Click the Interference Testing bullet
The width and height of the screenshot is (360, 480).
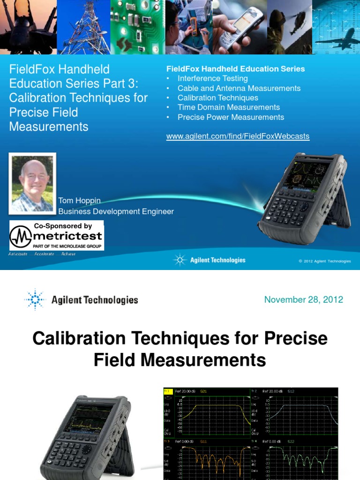212,79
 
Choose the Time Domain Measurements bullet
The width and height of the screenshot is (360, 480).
228,107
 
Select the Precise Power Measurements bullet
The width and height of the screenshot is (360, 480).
231,117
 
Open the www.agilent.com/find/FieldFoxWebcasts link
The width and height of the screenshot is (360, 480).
238,136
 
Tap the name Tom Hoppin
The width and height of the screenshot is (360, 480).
79,201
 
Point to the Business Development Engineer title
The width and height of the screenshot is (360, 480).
116,211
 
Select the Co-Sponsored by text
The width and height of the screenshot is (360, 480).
63,226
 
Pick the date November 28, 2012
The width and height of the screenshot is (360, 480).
303,300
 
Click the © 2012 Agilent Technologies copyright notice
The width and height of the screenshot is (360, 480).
324,261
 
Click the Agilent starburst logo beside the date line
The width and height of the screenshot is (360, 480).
35,300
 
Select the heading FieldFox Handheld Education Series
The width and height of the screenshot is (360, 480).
236,69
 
